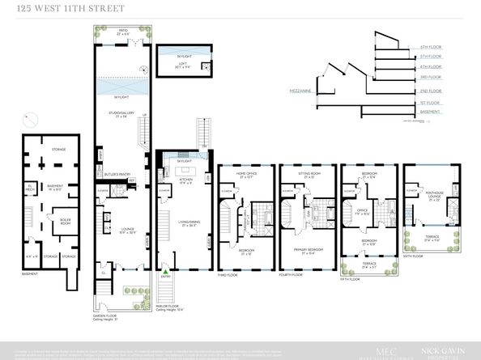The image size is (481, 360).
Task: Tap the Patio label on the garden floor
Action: coord(122,32)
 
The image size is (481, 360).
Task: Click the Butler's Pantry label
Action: coord(118,172)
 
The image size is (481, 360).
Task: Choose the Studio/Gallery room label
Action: coord(122,113)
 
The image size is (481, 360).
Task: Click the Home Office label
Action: coord(246,174)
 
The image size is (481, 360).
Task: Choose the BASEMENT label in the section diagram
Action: coord(429,113)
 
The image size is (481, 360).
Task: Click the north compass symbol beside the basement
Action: coord(29,120)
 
